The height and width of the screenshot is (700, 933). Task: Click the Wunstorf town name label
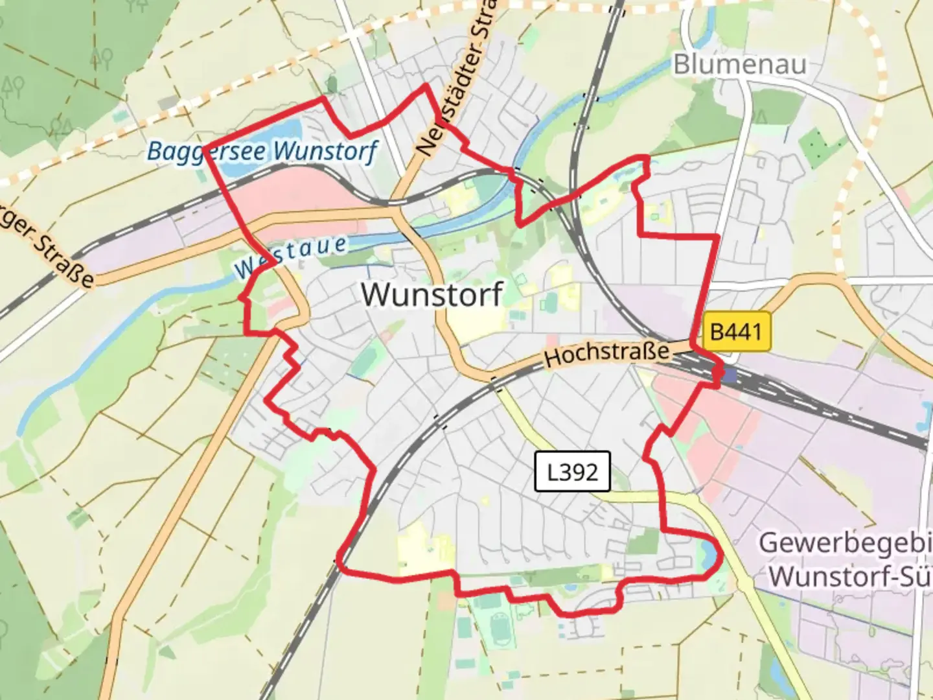(x=432, y=295)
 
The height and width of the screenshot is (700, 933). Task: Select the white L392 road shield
(x=572, y=471)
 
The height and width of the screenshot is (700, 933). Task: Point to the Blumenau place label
(x=739, y=65)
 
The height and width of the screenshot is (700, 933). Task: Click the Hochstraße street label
(x=606, y=353)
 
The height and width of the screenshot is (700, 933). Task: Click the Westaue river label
(x=291, y=257)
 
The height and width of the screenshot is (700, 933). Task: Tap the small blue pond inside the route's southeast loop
(x=704, y=555)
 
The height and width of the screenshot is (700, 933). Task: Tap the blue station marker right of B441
(x=730, y=374)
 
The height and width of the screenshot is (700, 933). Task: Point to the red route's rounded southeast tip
(x=718, y=557)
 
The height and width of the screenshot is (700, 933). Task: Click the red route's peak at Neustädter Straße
(x=426, y=85)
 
